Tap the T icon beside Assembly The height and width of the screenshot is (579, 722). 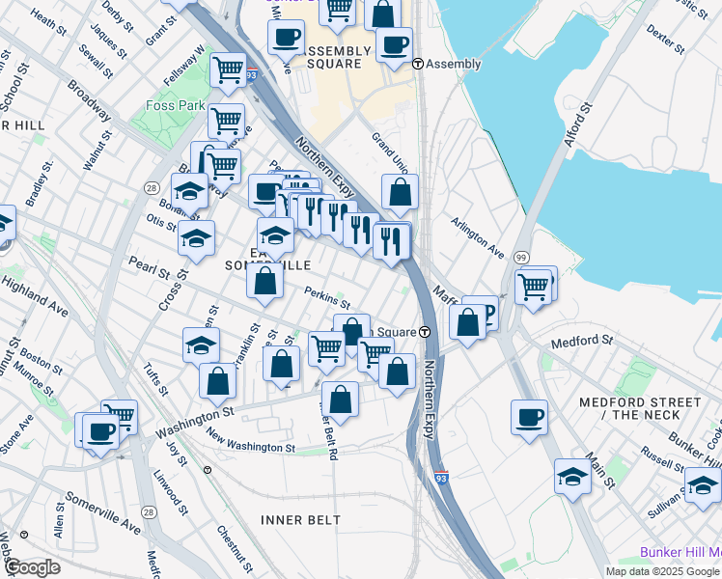pyautogui.click(x=417, y=64)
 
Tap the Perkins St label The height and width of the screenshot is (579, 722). pyautogui.click(x=327, y=299)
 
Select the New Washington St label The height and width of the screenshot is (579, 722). pyautogui.click(x=250, y=446)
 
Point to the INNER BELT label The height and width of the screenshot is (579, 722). pyautogui.click(x=300, y=520)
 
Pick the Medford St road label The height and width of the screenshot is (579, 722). pyautogui.click(x=582, y=342)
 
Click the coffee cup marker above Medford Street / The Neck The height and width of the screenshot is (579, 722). pyautogui.click(x=529, y=418)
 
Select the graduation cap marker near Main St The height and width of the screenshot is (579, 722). pyautogui.click(x=573, y=477)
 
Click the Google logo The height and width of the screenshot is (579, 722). pyautogui.click(x=32, y=567)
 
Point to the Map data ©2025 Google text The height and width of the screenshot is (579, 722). pyautogui.click(x=662, y=571)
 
